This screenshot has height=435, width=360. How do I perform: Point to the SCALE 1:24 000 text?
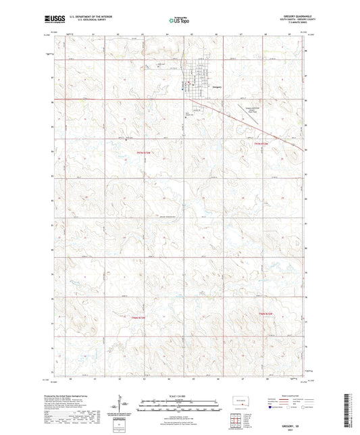[180, 396]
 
